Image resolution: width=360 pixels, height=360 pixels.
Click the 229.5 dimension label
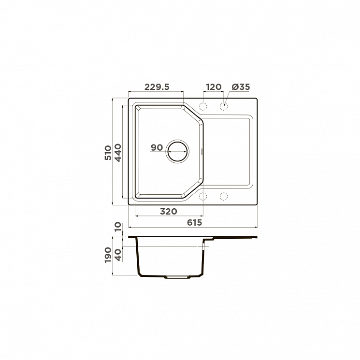[x=157, y=87]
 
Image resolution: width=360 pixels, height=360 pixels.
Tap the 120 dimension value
[x=214, y=87]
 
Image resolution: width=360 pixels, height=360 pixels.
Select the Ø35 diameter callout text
[x=241, y=87]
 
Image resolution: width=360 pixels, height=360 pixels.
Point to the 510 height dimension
[x=108, y=153]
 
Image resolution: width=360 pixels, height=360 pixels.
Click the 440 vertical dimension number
[x=118, y=153]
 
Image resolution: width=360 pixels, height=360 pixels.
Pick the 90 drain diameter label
[x=157, y=148]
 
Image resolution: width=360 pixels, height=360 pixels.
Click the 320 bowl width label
[x=169, y=211]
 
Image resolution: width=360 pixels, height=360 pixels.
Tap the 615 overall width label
[x=194, y=222]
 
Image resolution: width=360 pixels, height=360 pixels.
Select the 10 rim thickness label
[x=118, y=227]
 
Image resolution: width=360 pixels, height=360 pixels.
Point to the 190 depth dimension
[x=108, y=255]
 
